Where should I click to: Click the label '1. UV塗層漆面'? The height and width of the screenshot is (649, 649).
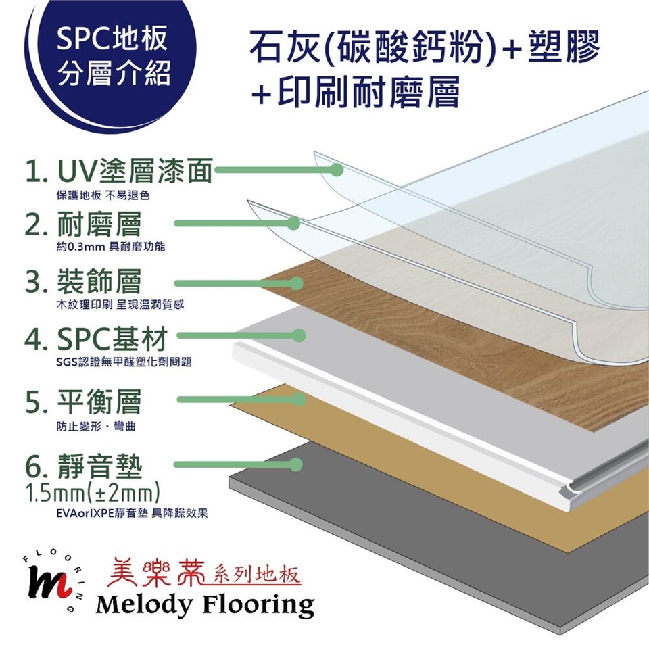(x=119, y=170)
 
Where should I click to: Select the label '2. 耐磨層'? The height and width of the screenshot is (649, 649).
(x=82, y=224)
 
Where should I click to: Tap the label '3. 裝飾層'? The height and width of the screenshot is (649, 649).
(x=82, y=281)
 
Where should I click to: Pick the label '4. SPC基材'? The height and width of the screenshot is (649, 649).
(x=96, y=339)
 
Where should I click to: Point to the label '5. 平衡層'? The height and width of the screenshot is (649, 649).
(x=82, y=402)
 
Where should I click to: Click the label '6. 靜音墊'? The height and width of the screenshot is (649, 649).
(x=82, y=466)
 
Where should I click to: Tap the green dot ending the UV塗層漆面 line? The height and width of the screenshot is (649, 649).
(x=337, y=170)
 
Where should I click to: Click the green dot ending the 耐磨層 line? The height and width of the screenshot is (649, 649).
(x=293, y=224)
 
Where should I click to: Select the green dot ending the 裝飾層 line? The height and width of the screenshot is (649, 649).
(x=296, y=283)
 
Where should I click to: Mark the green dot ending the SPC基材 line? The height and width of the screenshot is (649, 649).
(x=299, y=335)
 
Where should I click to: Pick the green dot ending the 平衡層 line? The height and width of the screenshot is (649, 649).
(x=299, y=400)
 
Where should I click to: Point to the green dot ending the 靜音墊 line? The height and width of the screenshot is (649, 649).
(x=295, y=465)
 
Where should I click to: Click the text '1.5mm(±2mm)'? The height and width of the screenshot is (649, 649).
(x=93, y=493)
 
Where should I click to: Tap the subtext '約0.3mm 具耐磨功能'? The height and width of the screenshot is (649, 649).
(x=110, y=247)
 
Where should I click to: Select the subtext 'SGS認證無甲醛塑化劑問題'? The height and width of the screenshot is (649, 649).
(x=124, y=362)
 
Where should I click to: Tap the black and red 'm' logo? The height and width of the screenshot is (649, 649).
(x=48, y=582)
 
